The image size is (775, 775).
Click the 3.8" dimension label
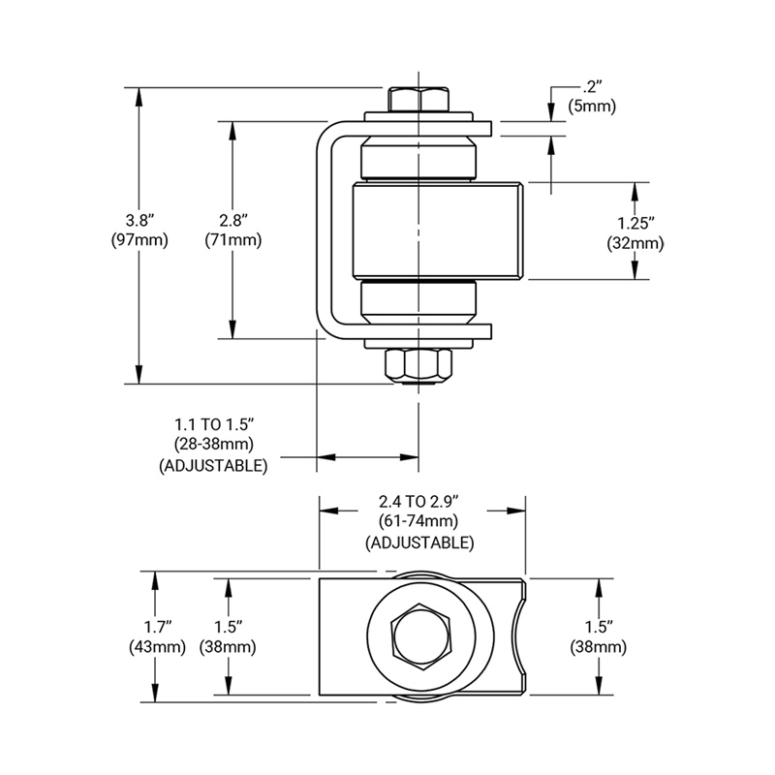140,218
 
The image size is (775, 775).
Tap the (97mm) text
140,239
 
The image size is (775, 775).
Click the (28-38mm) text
213,445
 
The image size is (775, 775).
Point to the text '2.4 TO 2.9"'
419,501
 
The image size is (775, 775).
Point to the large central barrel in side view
436,231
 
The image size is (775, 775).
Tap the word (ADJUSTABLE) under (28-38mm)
213,466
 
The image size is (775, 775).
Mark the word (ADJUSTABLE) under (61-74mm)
419,542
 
